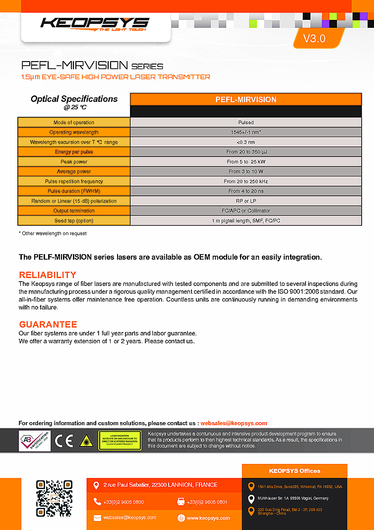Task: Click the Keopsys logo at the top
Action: coord(95,23)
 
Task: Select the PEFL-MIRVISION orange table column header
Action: coord(246,99)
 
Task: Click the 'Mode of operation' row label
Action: coord(74,122)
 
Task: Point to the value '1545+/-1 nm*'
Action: coord(246,132)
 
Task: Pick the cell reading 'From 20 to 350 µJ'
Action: coord(246,152)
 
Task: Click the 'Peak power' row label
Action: coord(74,162)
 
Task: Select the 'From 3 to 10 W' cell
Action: coord(246,171)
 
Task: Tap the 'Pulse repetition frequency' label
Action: coord(74,181)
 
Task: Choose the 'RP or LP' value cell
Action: coord(246,201)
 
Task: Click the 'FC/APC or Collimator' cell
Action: coord(246,211)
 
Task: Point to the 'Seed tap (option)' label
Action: coord(74,221)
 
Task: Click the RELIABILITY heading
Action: coord(48,275)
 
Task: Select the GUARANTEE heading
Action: coord(48,324)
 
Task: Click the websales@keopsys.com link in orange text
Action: coord(234,423)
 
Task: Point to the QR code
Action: coord(54,498)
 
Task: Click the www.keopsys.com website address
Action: coord(208,518)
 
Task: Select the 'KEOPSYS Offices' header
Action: coord(295,471)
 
